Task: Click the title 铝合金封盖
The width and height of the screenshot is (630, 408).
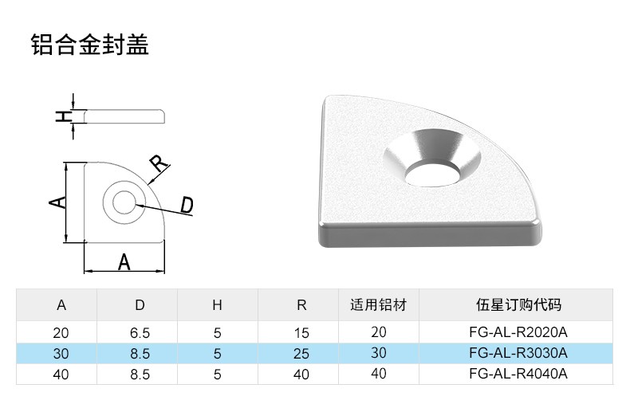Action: pos(90,45)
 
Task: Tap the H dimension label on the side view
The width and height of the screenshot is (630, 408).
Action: pos(61,116)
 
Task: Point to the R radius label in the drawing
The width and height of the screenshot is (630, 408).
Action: pos(159,164)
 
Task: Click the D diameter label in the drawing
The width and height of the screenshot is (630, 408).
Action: pos(186,206)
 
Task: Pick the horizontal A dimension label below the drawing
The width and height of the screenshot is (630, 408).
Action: pos(124,261)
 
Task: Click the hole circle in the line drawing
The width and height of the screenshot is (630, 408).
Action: pos(124,202)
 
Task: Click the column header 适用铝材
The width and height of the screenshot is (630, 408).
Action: pos(379,305)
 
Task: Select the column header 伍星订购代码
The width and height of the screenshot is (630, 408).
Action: pos(518,305)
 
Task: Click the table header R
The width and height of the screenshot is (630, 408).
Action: pos(301,305)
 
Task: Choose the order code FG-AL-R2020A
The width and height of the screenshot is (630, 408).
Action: pos(518,332)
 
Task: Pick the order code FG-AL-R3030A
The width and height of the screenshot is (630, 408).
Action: pos(518,353)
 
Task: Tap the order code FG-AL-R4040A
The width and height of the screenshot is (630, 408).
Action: pos(518,374)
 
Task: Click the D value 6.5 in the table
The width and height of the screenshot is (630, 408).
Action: pos(140,332)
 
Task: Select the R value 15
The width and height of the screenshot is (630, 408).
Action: pos(301,332)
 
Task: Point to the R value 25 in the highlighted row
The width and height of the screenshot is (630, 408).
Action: pos(301,353)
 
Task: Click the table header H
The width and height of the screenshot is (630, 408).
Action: pos(217,305)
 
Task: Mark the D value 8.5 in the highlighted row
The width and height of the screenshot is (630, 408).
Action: pos(140,353)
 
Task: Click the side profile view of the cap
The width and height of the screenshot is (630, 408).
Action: pos(124,116)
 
